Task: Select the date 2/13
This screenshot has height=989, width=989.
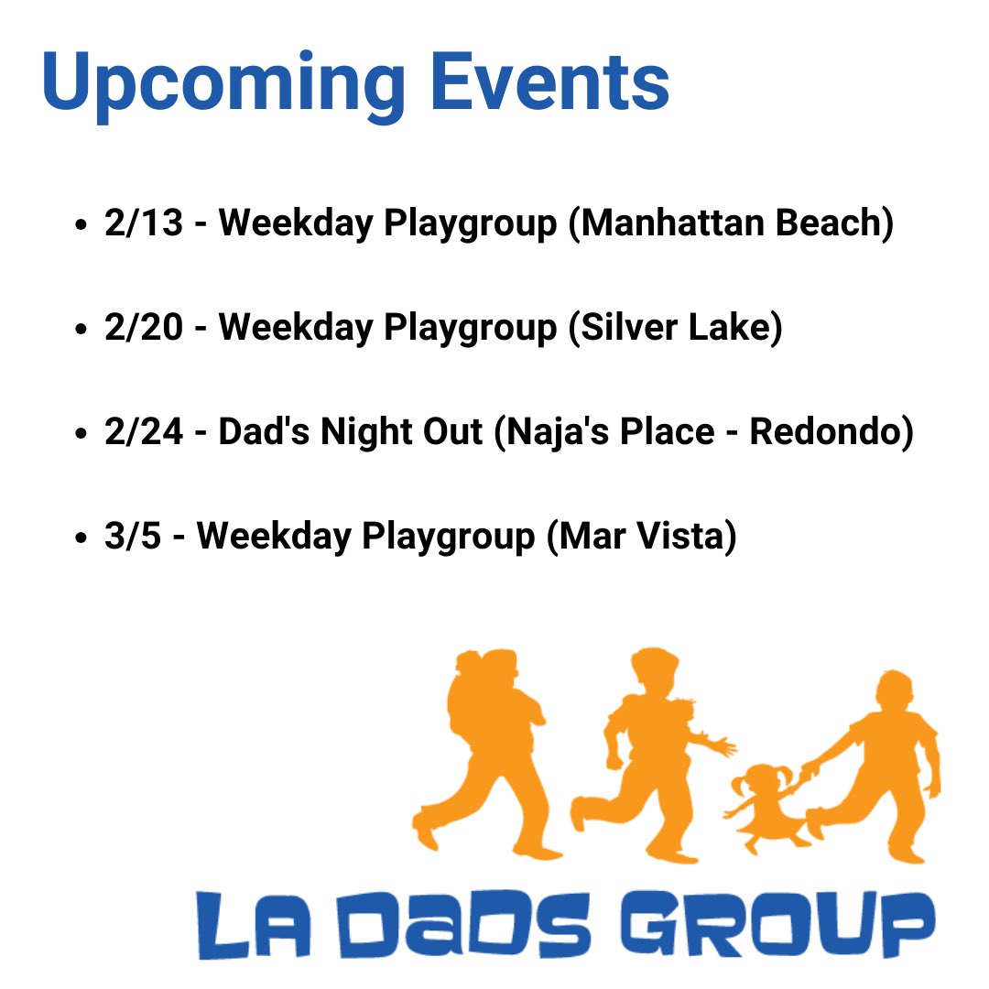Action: click(144, 223)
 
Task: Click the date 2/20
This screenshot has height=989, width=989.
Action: click(144, 327)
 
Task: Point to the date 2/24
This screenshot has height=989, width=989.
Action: click(144, 431)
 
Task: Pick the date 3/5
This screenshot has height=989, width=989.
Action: click(133, 536)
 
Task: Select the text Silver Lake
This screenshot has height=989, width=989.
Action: click(675, 327)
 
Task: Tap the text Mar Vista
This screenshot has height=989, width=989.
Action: click(641, 536)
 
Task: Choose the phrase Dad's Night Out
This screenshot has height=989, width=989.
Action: click(350, 431)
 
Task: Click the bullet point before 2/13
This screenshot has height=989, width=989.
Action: click(83, 225)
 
